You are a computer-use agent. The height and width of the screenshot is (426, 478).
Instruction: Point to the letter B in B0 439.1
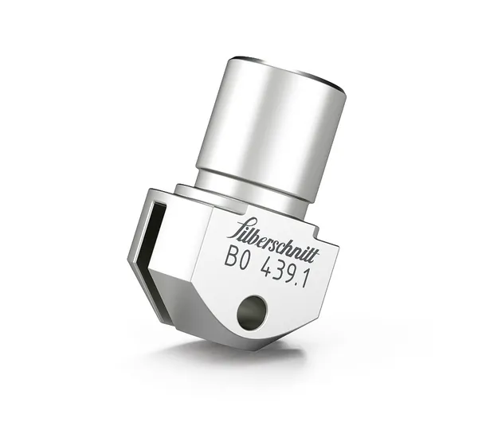pos(231,256)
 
